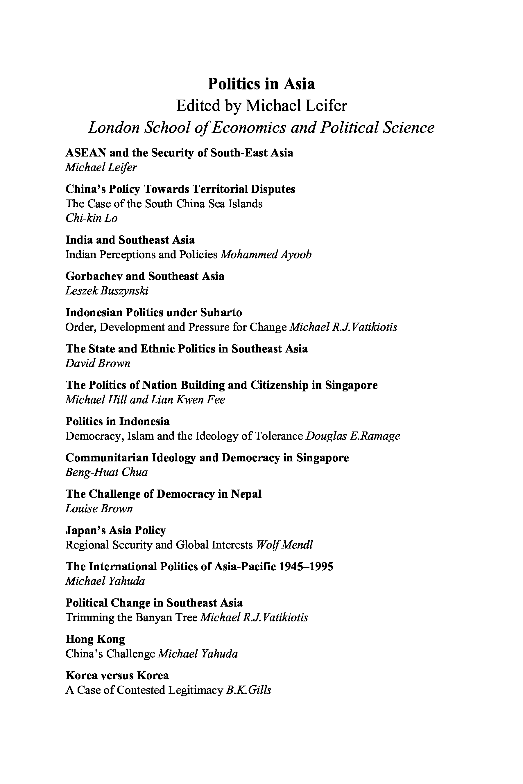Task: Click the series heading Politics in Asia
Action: point(261,84)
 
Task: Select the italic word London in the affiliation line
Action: point(113,127)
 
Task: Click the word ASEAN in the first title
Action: point(86,153)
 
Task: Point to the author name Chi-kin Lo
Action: point(92,218)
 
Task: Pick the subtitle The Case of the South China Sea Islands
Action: point(164,204)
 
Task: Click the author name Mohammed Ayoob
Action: point(266,255)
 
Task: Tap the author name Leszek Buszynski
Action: point(107,291)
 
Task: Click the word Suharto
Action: point(221,313)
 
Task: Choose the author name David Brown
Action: point(98,363)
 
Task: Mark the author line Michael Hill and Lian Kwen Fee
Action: point(145,400)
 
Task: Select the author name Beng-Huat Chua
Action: point(106,472)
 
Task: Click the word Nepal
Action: point(246,494)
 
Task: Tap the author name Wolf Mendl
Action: point(284,545)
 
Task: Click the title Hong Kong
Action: point(95,639)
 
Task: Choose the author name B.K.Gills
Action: point(248,690)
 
